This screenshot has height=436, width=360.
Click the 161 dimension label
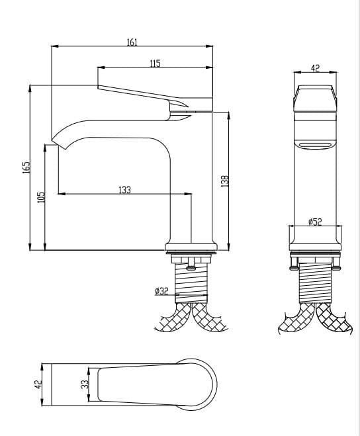coord(132,42)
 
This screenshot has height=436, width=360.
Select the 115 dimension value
coord(155,64)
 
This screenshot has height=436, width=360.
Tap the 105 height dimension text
coord(41,196)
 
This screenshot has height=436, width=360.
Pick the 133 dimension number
coord(124,190)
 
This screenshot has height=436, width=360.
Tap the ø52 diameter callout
coord(315,222)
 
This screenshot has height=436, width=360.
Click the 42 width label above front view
coord(315,68)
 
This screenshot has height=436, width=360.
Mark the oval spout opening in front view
coord(315,146)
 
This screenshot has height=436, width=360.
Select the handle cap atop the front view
coord(315,98)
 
